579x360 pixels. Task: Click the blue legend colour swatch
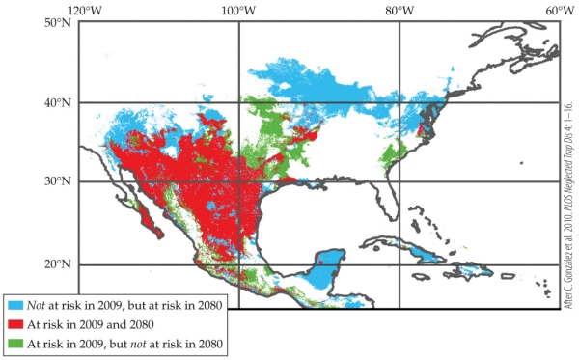tap(14, 306)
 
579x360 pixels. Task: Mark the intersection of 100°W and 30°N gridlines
tap(238, 181)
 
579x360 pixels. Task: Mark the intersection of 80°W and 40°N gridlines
tap(399, 102)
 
